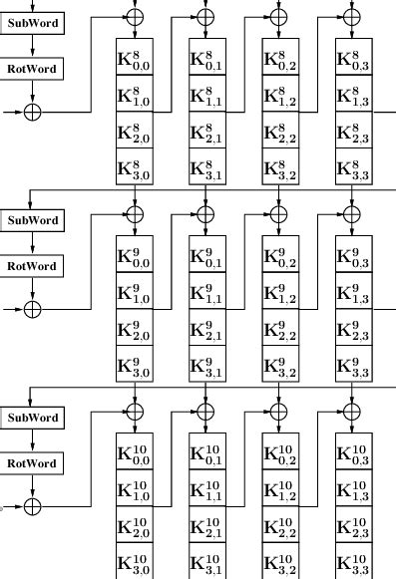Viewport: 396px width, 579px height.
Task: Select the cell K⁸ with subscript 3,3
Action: (353, 169)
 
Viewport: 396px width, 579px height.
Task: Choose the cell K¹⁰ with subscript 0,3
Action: (353, 453)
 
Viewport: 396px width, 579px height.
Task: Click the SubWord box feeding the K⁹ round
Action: (32, 219)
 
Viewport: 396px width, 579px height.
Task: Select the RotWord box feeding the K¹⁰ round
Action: (32, 463)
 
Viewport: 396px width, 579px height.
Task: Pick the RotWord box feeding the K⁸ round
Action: (32, 69)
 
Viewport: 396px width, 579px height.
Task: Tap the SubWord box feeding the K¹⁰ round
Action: (32, 417)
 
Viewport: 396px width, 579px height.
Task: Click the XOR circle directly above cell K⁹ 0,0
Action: (134, 213)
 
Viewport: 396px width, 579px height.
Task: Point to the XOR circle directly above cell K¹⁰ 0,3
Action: (351, 411)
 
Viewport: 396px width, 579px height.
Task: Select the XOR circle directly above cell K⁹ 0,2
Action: (278, 213)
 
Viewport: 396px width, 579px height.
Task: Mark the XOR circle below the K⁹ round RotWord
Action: (32, 309)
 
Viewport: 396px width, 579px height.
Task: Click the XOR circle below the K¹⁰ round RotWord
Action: (32, 507)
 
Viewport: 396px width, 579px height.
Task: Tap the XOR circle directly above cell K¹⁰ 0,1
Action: (205, 411)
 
